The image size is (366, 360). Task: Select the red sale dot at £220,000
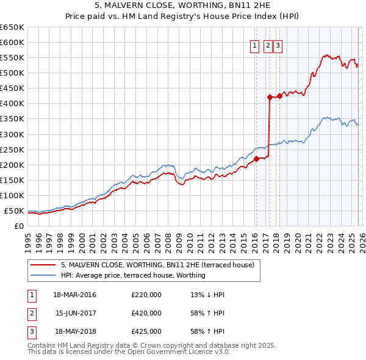click(x=256, y=159)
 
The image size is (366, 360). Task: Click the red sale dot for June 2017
click(x=270, y=97)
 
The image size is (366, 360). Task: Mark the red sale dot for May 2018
click(x=279, y=96)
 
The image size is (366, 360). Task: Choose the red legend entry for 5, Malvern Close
click(x=161, y=265)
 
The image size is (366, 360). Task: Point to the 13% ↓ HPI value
click(x=207, y=295)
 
